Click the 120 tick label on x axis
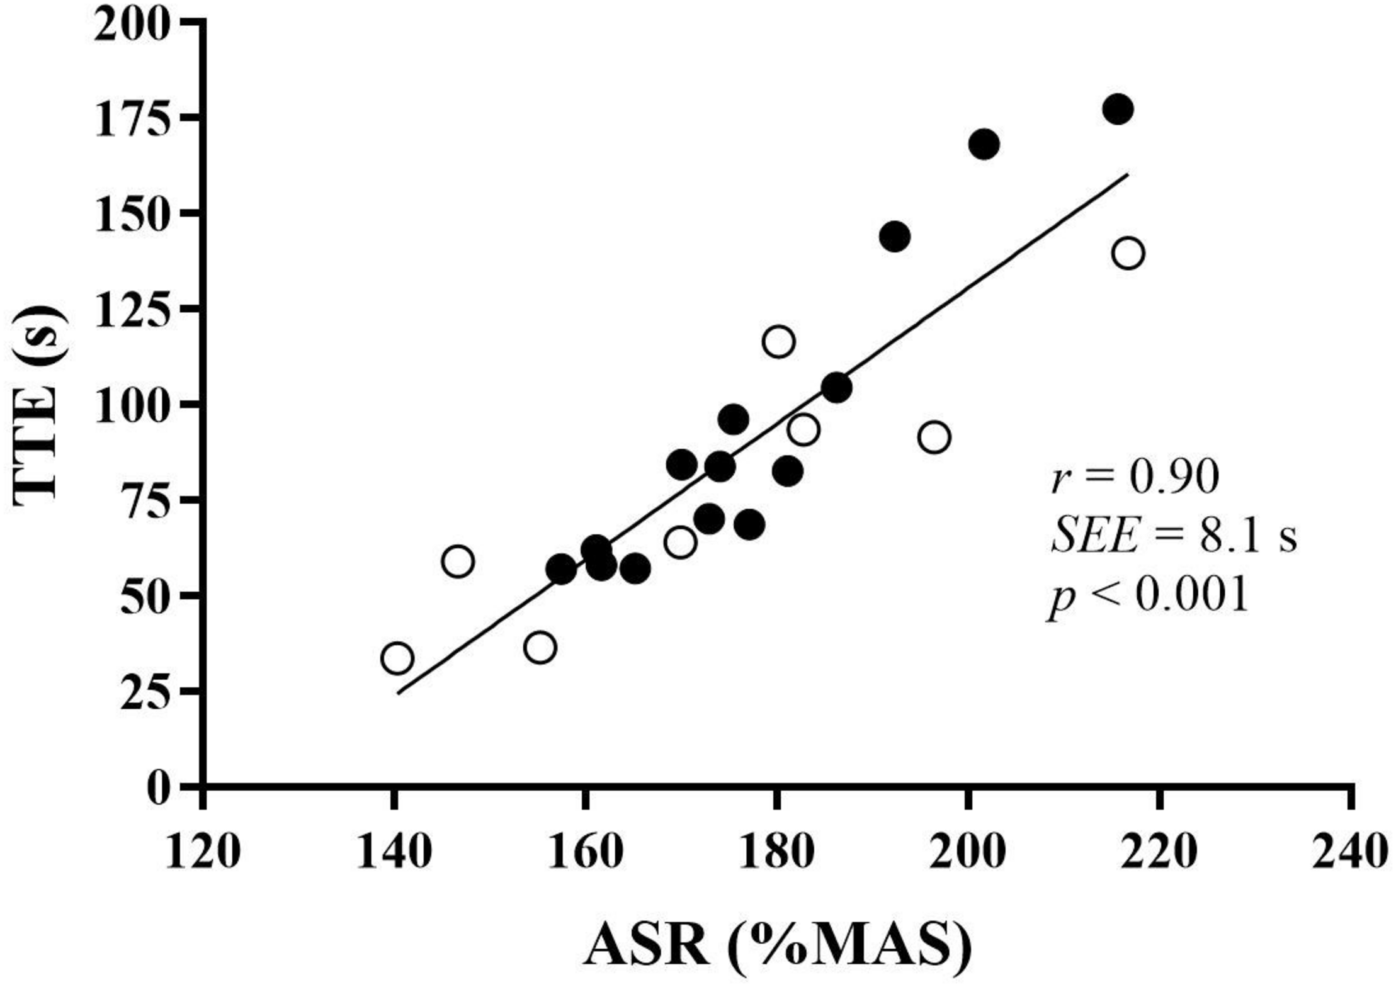click(202, 853)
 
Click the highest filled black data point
click(1118, 109)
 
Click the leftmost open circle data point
click(397, 658)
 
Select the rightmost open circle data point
click(1128, 254)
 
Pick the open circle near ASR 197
click(934, 437)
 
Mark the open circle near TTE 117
click(778, 342)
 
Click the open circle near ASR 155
click(540, 648)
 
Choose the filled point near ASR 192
click(894, 237)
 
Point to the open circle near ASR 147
click(458, 561)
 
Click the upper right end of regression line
click(1127, 174)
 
